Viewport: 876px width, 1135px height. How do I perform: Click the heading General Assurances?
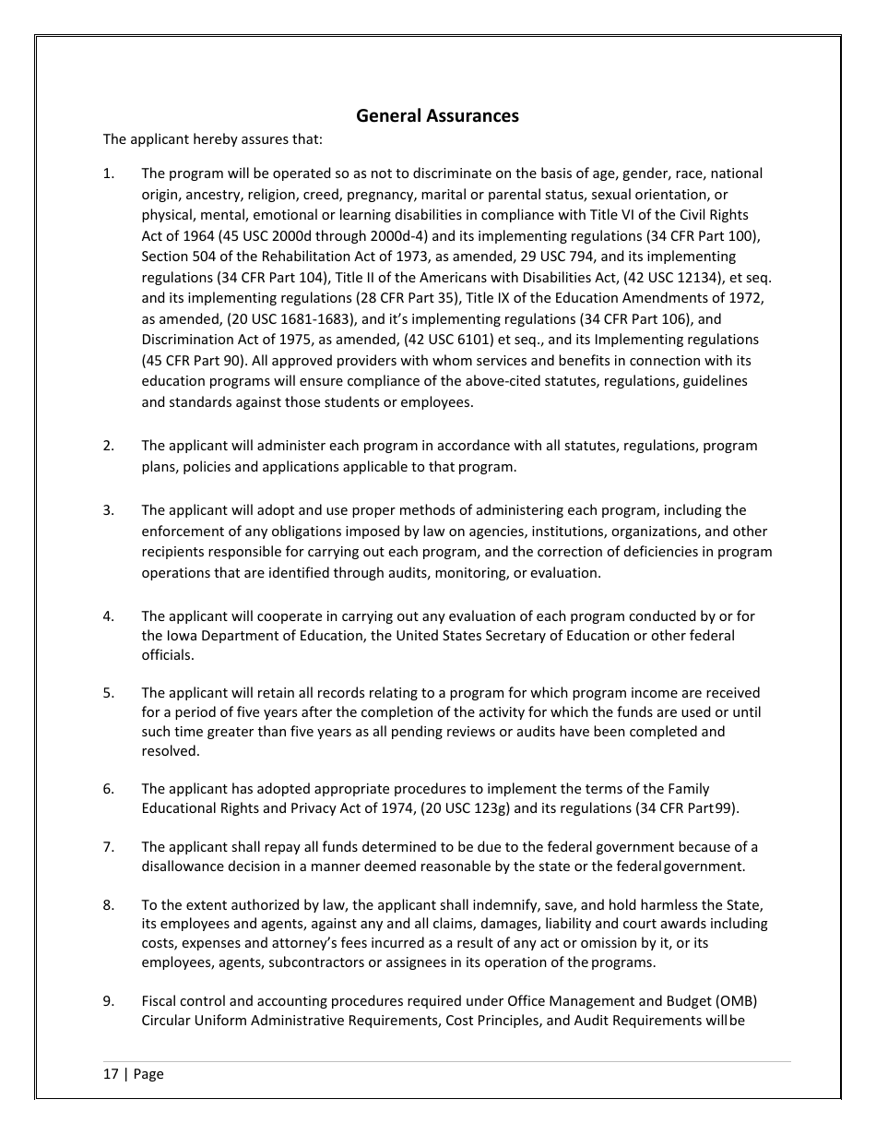(x=437, y=115)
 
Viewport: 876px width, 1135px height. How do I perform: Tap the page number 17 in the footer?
(x=111, y=1074)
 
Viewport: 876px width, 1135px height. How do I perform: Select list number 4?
(x=108, y=615)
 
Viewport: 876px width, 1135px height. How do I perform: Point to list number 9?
(x=108, y=1001)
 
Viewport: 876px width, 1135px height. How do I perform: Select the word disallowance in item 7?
(x=184, y=866)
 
